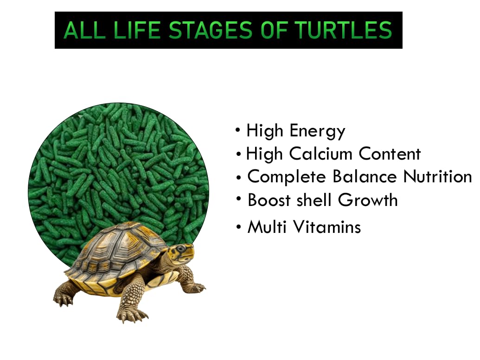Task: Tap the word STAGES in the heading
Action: (211, 30)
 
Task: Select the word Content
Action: (390, 154)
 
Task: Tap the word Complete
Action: (287, 177)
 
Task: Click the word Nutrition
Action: (437, 177)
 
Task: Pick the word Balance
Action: (364, 177)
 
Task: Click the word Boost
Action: (269, 200)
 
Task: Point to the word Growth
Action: (368, 200)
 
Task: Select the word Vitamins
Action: (327, 227)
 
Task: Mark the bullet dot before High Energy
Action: (238, 130)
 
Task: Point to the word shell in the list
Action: (314, 200)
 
